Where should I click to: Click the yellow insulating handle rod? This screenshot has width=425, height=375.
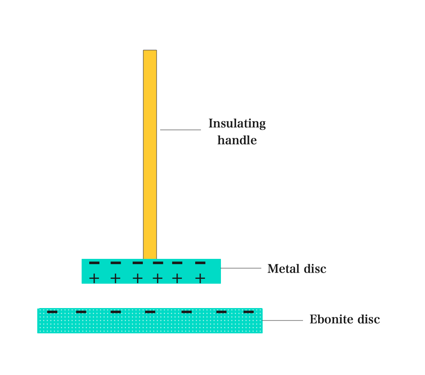[150, 154]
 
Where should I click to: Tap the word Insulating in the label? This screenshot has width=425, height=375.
[237, 124]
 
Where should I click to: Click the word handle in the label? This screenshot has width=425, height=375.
[237, 140]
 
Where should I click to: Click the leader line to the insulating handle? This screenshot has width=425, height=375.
[181, 130]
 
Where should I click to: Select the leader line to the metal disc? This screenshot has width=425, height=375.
[241, 268]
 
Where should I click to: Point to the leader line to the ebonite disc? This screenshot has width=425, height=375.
[283, 320]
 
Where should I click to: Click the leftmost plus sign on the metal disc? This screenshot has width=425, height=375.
[94, 278]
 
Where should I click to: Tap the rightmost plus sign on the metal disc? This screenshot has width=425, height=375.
[201, 278]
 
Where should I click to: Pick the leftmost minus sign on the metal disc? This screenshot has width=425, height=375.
[94, 263]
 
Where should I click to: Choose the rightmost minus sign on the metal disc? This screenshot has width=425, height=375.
[201, 263]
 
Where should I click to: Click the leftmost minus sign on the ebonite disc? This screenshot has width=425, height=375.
[52, 312]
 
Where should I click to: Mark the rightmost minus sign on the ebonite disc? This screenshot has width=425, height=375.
[248, 312]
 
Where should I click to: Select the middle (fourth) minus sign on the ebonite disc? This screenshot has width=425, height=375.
[150, 312]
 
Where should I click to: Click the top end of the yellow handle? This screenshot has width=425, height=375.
[150, 50]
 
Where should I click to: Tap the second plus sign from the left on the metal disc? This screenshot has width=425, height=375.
[115, 278]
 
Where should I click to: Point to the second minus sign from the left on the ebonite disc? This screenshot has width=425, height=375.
[81, 312]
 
